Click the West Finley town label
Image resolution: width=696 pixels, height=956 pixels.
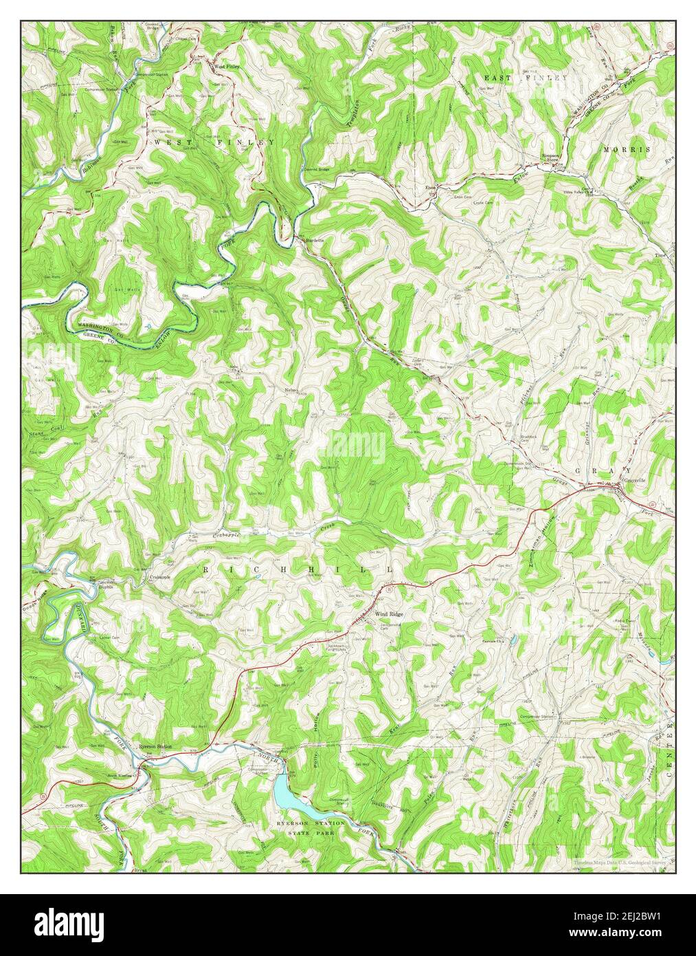point(227,67)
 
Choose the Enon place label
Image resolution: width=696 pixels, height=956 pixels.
point(431,187)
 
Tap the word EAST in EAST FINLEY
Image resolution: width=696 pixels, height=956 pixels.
point(499,78)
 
